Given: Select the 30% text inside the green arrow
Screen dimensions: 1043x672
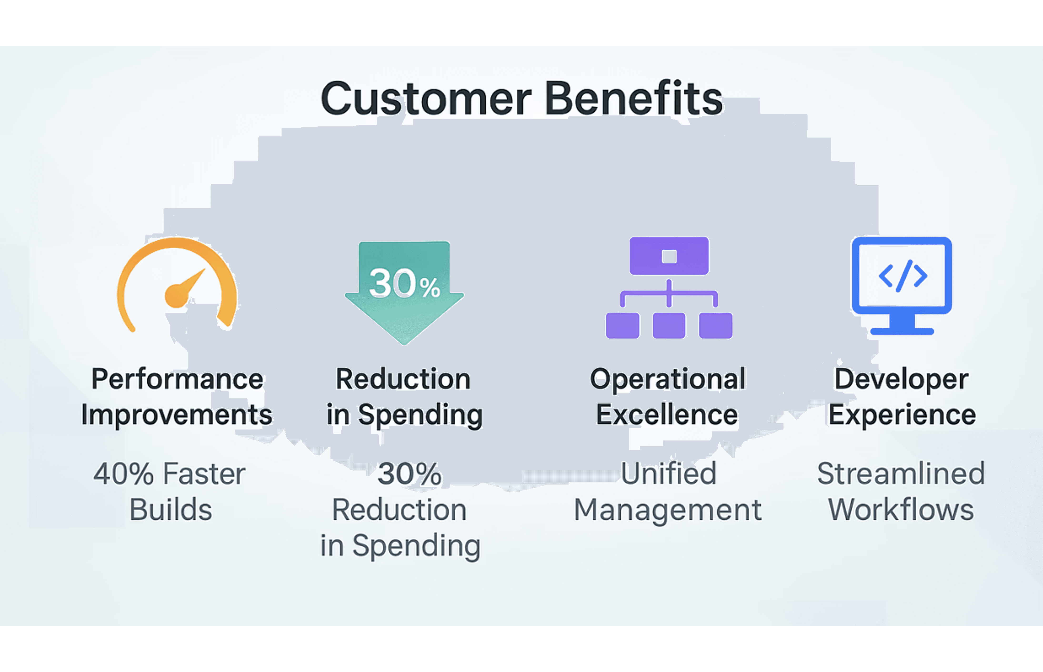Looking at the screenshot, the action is point(404,284).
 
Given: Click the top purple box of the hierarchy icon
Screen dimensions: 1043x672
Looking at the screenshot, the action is point(669,256).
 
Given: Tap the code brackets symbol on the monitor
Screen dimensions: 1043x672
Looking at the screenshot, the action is point(903,276).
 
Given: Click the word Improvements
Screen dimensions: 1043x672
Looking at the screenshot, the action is point(176,415).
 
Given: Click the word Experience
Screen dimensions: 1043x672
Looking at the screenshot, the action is point(902,415).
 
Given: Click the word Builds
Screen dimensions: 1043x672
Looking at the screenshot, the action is point(171,510).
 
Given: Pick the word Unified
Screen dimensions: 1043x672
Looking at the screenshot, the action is point(668,474).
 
